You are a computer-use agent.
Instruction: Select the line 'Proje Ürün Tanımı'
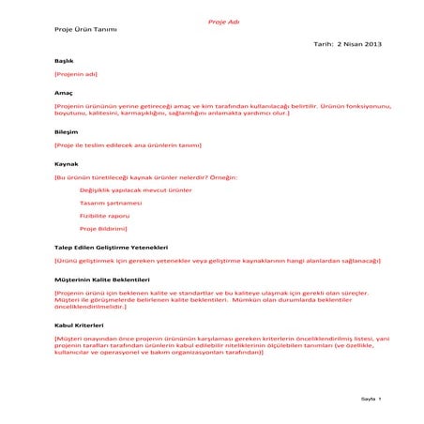85,29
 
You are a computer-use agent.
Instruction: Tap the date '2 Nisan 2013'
359,44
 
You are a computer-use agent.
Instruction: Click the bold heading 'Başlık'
64,60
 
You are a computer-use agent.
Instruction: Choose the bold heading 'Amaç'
63,93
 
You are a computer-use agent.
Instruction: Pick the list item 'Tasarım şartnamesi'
111,203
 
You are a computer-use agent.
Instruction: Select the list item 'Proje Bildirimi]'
103,228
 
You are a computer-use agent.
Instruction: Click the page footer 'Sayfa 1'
372,399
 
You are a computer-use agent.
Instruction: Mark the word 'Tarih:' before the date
324,44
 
